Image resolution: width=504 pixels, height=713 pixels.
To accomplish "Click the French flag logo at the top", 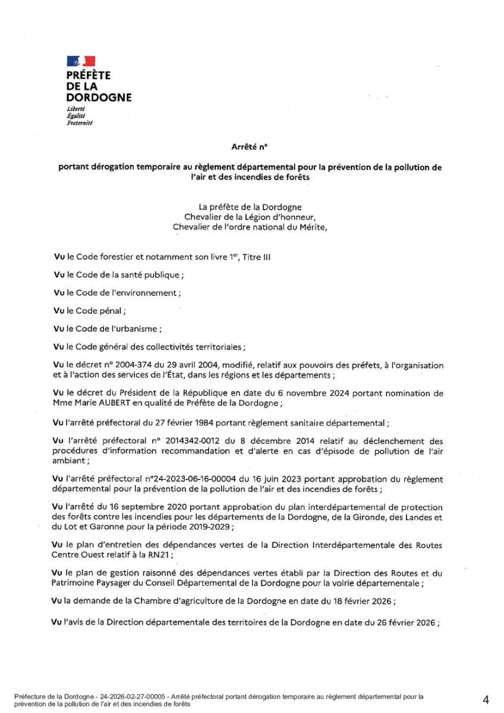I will click(x=81, y=61).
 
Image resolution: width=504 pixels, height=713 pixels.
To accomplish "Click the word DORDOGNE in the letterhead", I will click(x=99, y=97).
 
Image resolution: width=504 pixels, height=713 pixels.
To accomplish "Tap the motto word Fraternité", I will click(x=80, y=123).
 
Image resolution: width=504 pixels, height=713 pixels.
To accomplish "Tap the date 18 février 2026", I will click(x=362, y=601).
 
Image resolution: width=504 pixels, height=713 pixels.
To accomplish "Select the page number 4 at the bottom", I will click(x=486, y=700).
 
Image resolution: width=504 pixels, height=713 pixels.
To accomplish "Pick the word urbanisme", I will click(x=135, y=329).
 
